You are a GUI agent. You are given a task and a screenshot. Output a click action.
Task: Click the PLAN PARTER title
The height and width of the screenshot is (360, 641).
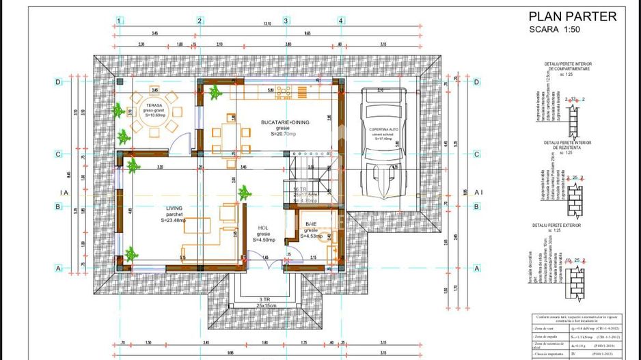[x=573, y=17]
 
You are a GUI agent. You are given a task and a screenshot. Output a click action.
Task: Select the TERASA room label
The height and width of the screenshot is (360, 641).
[x=152, y=106]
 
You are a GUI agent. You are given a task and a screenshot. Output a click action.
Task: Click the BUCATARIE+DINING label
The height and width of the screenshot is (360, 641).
[x=284, y=122]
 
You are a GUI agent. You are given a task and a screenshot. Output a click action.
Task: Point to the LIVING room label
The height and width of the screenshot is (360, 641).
[x=174, y=208]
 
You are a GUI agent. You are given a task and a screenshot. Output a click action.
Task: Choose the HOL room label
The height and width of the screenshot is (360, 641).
[x=263, y=228]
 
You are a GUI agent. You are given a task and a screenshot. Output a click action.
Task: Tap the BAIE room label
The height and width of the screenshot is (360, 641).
[x=311, y=224]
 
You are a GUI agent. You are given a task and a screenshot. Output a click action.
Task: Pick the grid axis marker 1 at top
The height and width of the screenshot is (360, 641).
[x=119, y=20]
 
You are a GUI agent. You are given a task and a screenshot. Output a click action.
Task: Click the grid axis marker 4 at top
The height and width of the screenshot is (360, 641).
[x=340, y=20]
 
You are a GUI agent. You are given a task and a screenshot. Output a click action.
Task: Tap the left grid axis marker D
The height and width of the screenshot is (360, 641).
[x=58, y=83]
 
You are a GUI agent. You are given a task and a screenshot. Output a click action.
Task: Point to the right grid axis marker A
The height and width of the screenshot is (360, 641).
[x=476, y=268]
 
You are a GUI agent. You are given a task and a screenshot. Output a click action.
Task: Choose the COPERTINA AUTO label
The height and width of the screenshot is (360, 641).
[x=383, y=129]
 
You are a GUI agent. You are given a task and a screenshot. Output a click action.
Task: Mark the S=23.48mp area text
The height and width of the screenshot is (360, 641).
[x=174, y=220]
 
